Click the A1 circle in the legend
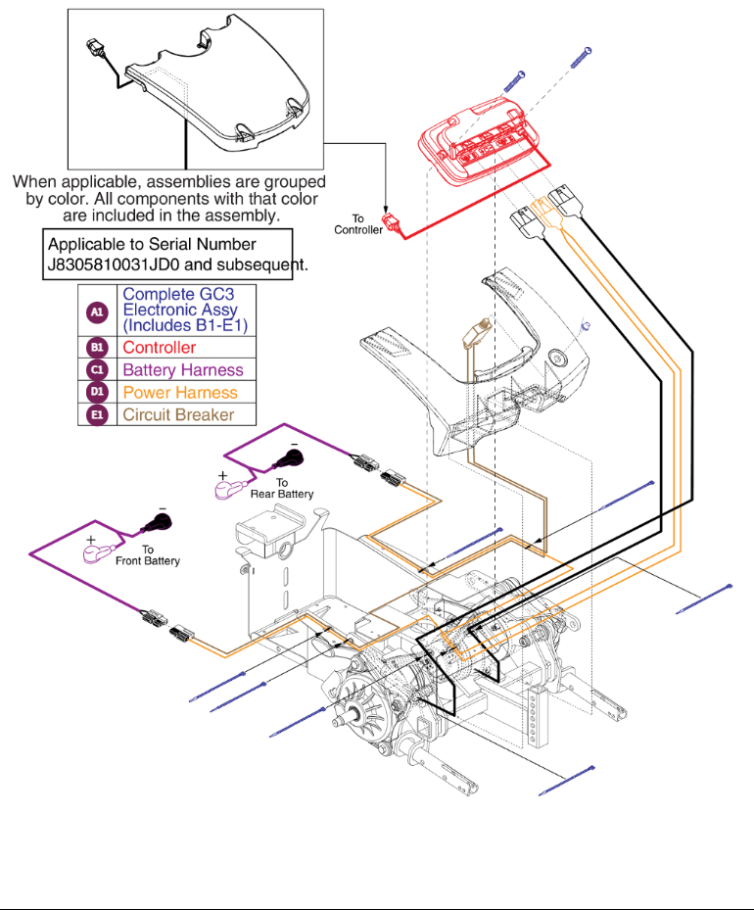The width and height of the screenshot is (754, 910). point(96,311)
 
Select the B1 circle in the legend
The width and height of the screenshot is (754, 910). point(96,348)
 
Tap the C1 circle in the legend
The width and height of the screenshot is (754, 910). point(96,370)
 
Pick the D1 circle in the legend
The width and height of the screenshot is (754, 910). point(96,393)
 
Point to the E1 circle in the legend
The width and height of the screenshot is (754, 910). point(96,415)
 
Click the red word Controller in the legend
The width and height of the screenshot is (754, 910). point(159,348)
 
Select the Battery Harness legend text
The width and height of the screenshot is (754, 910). point(183,370)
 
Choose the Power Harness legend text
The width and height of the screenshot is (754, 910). point(180,393)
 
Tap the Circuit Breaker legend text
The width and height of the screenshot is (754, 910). point(178,415)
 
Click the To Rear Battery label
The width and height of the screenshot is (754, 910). point(282,489)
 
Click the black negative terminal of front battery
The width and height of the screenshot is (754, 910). point(157,522)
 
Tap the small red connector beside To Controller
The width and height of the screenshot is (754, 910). point(397,227)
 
